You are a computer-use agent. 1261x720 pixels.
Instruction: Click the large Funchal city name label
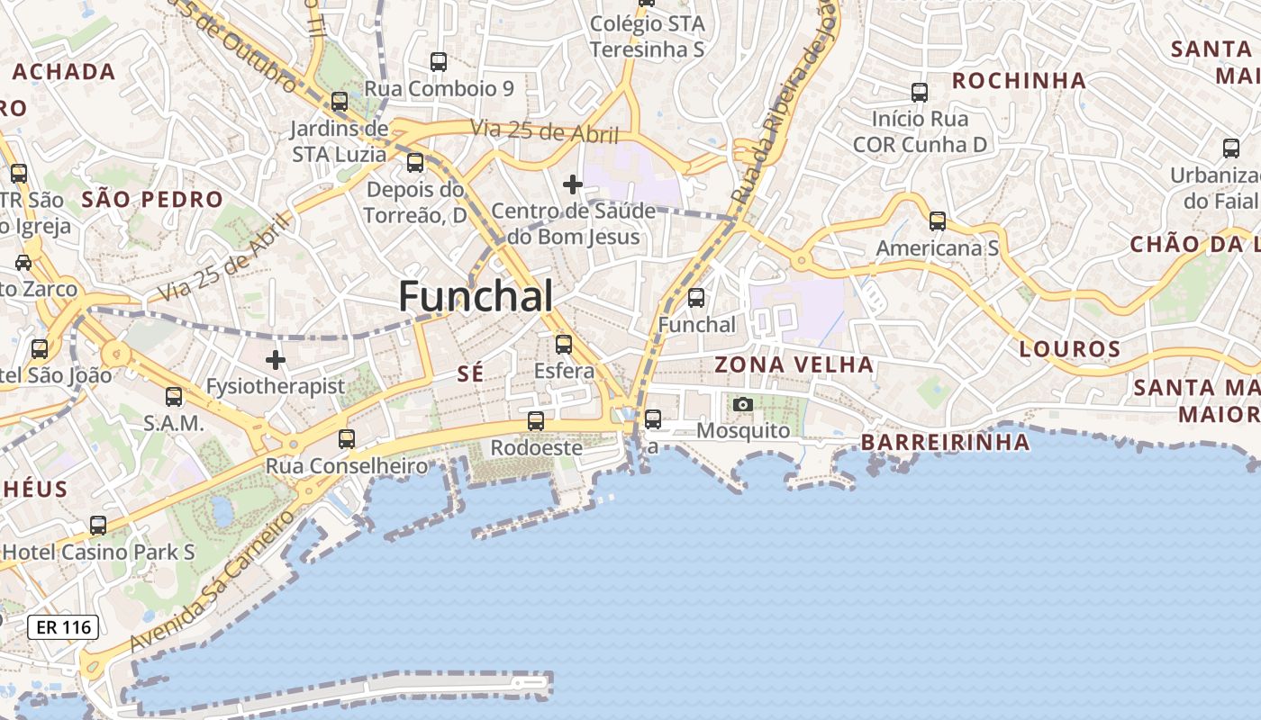476,296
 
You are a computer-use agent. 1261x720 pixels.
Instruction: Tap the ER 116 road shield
62,627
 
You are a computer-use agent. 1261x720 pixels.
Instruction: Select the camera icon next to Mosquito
743,405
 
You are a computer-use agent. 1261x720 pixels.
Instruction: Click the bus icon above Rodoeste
536,420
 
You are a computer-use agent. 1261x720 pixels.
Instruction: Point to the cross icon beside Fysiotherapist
276,360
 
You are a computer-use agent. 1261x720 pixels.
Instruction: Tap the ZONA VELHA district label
794,364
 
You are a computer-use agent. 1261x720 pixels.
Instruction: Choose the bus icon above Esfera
564,344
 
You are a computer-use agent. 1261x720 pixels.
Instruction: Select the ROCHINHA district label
1019,80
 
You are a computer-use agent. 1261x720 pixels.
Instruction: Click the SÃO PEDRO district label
152,199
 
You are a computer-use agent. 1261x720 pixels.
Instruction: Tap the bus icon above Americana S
938,220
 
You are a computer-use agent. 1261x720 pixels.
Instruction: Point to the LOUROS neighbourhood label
1070,349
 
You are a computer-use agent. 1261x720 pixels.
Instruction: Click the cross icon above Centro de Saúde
573,184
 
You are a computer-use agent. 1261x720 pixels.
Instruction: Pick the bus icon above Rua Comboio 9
439,61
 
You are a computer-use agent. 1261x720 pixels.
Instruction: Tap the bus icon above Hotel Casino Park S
98,525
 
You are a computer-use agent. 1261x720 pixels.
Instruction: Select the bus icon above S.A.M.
174,396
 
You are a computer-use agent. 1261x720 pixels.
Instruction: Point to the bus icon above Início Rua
920,92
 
